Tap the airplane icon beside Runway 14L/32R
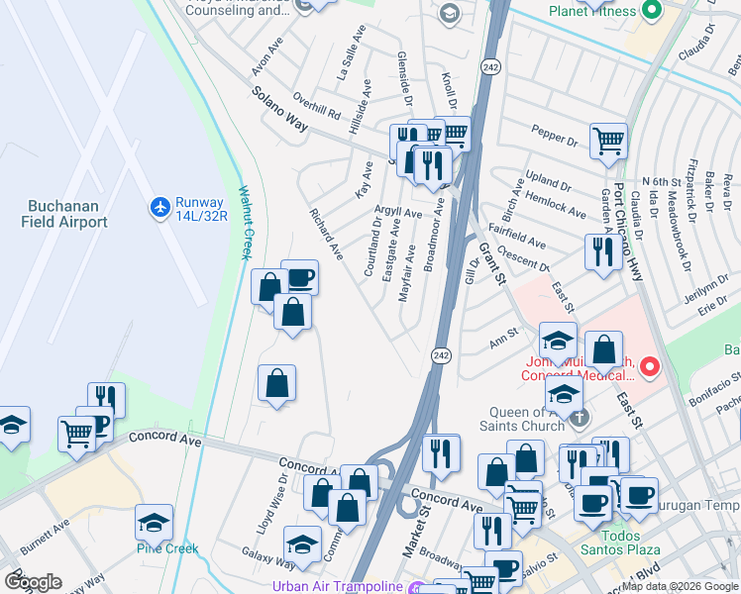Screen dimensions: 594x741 pyautogui.click(x=159, y=208)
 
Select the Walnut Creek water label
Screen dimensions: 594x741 pyautogui.click(x=242, y=223)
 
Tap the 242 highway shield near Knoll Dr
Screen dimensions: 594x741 pyautogui.click(x=492, y=65)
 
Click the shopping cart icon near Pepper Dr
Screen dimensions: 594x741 pyautogui.click(x=608, y=140)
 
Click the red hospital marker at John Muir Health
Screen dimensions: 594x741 pyautogui.click(x=650, y=368)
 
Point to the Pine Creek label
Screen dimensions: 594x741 pyautogui.click(x=167, y=548)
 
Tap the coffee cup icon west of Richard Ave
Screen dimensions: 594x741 pyautogui.click(x=299, y=277)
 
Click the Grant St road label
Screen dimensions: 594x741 pyautogui.click(x=492, y=265)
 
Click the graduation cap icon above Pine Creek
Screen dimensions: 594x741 pyautogui.click(x=154, y=521)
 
